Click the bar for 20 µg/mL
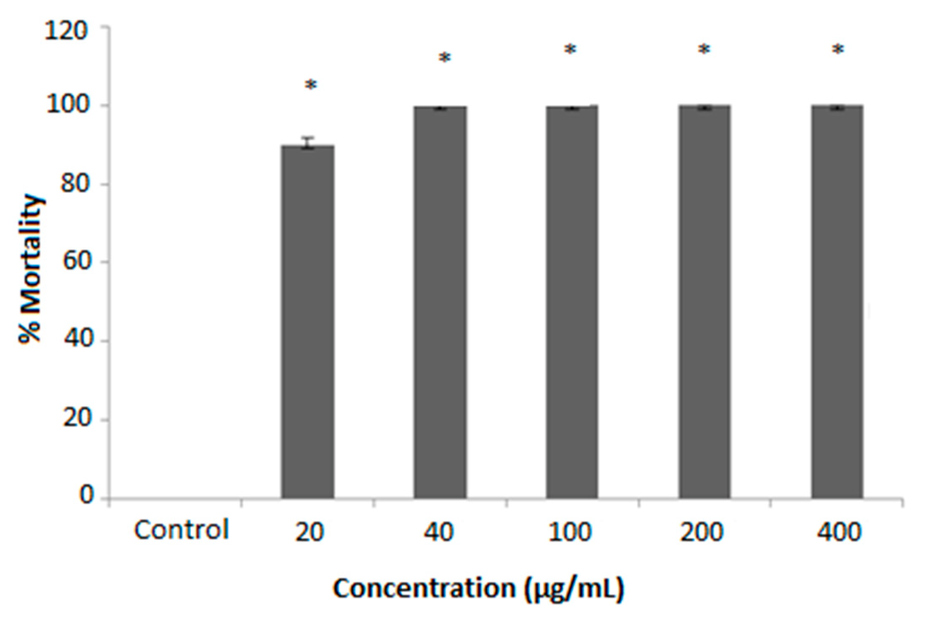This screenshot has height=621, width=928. tap(308, 321)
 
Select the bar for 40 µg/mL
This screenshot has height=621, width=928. tap(440, 302)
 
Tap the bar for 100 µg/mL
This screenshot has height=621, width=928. tap(572, 302)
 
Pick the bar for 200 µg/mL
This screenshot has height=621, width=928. tap(704, 302)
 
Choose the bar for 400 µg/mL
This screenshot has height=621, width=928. tap(837, 302)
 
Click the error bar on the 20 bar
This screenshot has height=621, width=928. tap(308, 142)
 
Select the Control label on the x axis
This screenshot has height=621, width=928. tap(181, 530)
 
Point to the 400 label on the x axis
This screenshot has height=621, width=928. tap(839, 532)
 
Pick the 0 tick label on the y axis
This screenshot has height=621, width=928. tap(86, 495)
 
